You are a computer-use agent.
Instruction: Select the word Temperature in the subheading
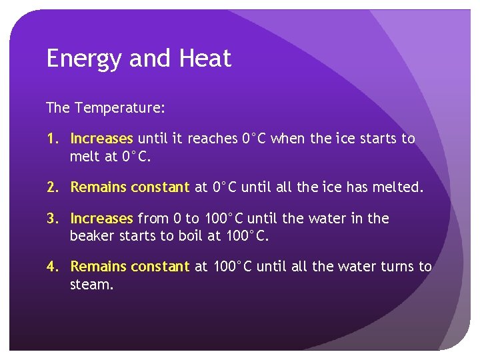tap(120, 107)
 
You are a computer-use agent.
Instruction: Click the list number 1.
tap(51, 139)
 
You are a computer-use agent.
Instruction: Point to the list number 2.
tap(52, 187)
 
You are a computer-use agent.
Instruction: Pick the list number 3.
tap(52, 219)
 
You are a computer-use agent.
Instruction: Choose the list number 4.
tap(52, 267)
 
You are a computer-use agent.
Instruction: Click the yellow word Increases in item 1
tap(102, 139)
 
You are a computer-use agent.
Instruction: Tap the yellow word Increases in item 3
tap(102, 219)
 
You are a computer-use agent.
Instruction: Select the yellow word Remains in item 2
tap(99, 187)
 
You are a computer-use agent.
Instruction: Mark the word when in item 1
tap(289, 139)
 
